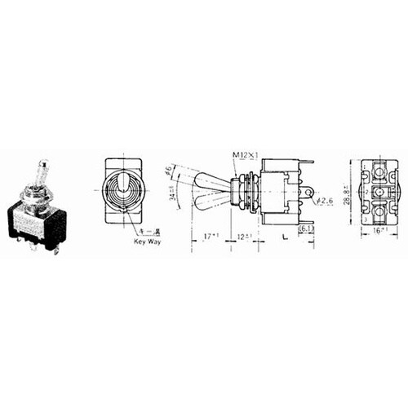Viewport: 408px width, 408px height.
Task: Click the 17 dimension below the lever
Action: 212,236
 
